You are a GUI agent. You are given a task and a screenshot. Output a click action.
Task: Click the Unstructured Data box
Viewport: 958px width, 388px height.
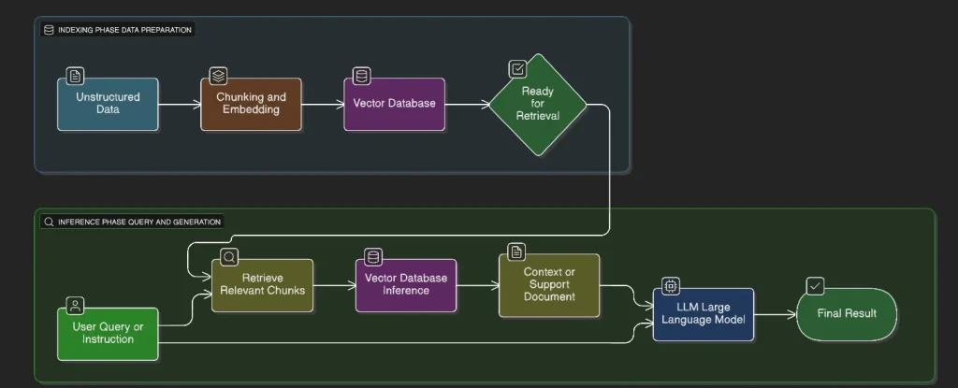click(108, 104)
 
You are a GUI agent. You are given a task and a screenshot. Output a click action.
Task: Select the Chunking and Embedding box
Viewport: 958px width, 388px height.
click(251, 104)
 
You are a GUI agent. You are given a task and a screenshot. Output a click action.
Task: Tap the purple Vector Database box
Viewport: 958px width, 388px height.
click(394, 104)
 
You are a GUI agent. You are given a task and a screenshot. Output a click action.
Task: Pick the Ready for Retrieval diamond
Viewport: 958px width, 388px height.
click(536, 104)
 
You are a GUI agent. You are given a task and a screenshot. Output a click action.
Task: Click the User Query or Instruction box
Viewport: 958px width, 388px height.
click(108, 333)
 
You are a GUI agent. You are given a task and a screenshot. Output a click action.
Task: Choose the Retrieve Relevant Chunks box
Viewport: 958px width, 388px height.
click(262, 284)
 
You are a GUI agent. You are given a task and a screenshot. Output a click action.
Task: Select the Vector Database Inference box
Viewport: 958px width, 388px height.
click(405, 284)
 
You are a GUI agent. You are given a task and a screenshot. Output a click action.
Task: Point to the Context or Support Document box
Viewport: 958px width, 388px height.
click(549, 284)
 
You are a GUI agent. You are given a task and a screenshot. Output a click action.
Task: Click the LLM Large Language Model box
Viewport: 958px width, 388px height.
click(703, 314)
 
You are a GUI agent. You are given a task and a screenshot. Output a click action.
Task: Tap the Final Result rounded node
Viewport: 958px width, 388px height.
click(846, 314)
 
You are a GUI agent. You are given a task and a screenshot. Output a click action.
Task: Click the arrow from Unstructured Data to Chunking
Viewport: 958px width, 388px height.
click(180, 105)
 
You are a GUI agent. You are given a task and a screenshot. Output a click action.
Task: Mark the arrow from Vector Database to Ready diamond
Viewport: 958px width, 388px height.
click(466, 105)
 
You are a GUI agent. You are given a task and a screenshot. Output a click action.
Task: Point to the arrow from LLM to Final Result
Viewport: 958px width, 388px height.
click(775, 314)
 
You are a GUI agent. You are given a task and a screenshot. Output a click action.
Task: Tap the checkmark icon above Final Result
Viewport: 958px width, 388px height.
click(816, 286)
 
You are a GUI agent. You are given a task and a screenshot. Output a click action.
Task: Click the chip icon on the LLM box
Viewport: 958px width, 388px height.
click(671, 286)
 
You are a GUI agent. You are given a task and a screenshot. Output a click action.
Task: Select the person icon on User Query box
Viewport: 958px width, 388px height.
click(75, 306)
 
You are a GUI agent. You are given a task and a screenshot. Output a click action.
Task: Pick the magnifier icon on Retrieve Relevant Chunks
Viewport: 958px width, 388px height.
click(229, 256)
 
